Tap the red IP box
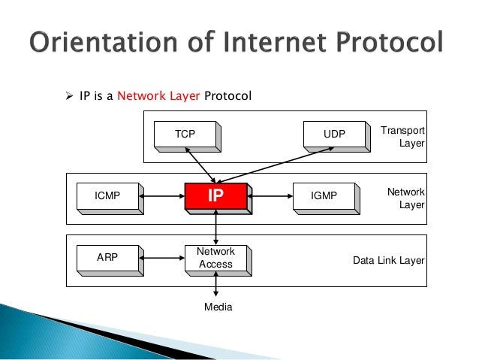pos(215,196)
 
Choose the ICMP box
pos(107,196)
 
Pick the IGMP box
pos(324,196)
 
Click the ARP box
pos(107,258)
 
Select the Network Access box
pos(215,258)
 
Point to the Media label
pos(218,307)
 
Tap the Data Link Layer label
pos(389,261)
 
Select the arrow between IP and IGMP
pos(270,197)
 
